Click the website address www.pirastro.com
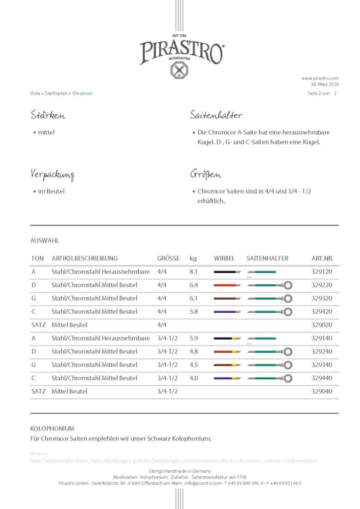coord(320,78)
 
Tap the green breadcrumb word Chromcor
coord(83,93)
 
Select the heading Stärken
coord(48,116)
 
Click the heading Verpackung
coord(52,175)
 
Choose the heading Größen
coord(205,175)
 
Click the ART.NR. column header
coord(322,258)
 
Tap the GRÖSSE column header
coord(169,258)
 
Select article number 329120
coord(322,272)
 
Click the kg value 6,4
coord(194,285)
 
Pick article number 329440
coord(322,378)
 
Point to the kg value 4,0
coord(194,378)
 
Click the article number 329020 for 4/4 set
coord(322,325)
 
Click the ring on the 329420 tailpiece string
coord(287,312)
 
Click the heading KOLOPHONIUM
coord(52,428)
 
